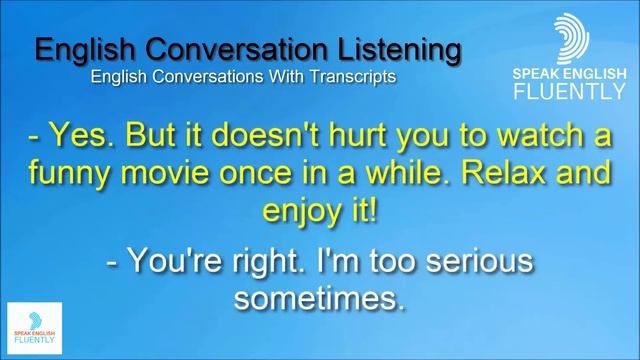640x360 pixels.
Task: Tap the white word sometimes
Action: click(320, 299)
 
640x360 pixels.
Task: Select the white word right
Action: click(264, 261)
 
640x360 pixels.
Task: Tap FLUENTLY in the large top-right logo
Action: click(570, 92)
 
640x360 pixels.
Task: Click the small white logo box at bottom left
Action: click(34, 327)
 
